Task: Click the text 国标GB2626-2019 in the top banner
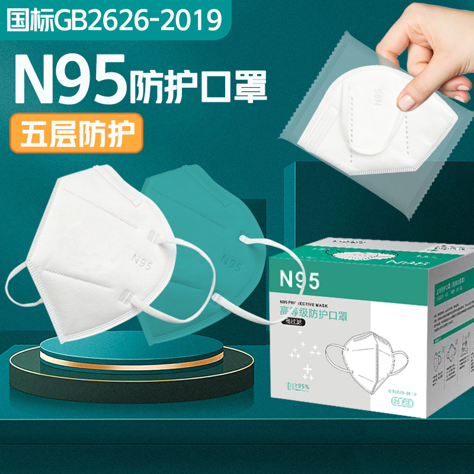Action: (113, 19)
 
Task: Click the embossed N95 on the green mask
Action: (229, 258)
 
